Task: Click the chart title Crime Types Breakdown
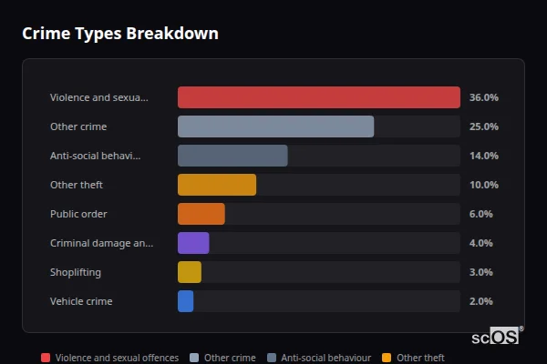pos(119,34)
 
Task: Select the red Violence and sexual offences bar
pos(318,97)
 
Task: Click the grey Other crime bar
pos(275,126)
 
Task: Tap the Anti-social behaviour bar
pos(232,156)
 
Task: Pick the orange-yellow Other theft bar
pos(217,185)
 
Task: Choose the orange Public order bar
pos(201,214)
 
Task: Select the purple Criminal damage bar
pos(193,243)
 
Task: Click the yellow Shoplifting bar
pos(190,272)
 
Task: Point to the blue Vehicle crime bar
pos(185,301)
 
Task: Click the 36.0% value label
pos(483,97)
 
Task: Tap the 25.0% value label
pos(483,126)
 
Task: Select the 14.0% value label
pos(483,156)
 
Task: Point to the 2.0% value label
pos(480,301)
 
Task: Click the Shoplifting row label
pos(76,272)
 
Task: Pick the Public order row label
pos(78,214)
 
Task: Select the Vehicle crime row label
pos(81,301)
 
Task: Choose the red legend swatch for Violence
pos(46,358)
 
